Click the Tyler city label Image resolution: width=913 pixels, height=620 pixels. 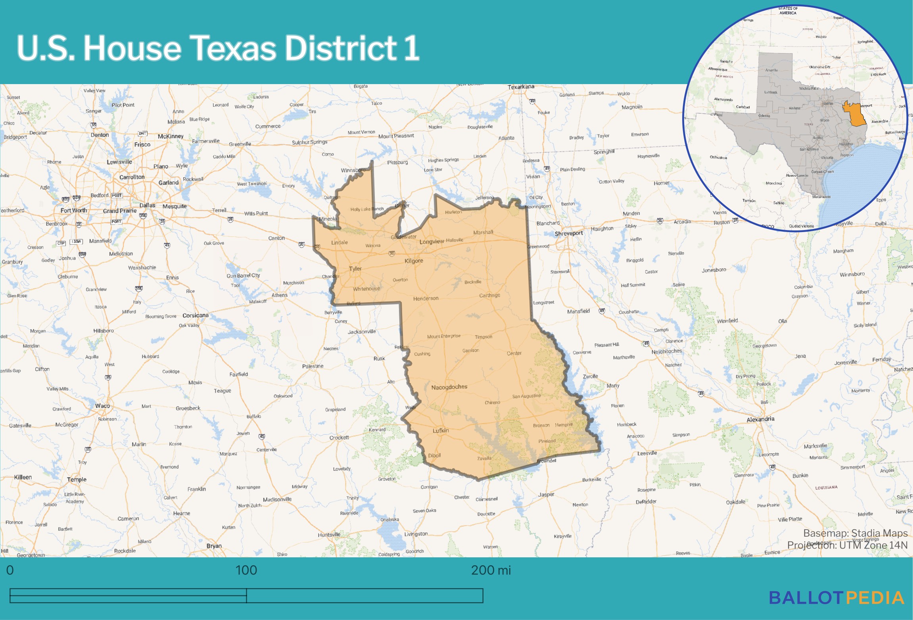[x=355, y=269]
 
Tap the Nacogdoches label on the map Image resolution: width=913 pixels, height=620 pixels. [x=449, y=387]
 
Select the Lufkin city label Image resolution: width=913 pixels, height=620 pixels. [x=441, y=430]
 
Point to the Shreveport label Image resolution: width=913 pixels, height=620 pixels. [x=569, y=233]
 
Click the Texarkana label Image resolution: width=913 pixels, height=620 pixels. [x=521, y=87]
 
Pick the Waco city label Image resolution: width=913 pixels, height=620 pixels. [x=102, y=406]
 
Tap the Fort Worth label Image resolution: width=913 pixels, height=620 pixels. [x=73, y=210]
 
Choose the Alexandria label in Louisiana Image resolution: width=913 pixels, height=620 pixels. [x=760, y=419]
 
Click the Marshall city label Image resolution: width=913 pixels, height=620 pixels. [x=483, y=232]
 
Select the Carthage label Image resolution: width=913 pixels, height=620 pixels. [x=489, y=295]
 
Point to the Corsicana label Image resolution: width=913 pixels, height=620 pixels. [x=196, y=315]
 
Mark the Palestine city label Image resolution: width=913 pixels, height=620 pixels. [x=313, y=366]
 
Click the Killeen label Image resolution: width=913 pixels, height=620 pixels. [x=23, y=477]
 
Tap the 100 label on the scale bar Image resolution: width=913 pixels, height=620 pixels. [x=246, y=570]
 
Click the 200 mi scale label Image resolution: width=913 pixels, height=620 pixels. [x=491, y=570]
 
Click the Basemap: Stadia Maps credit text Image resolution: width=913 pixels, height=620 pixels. [x=855, y=533]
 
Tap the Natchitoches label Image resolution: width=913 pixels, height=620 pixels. [x=667, y=351]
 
